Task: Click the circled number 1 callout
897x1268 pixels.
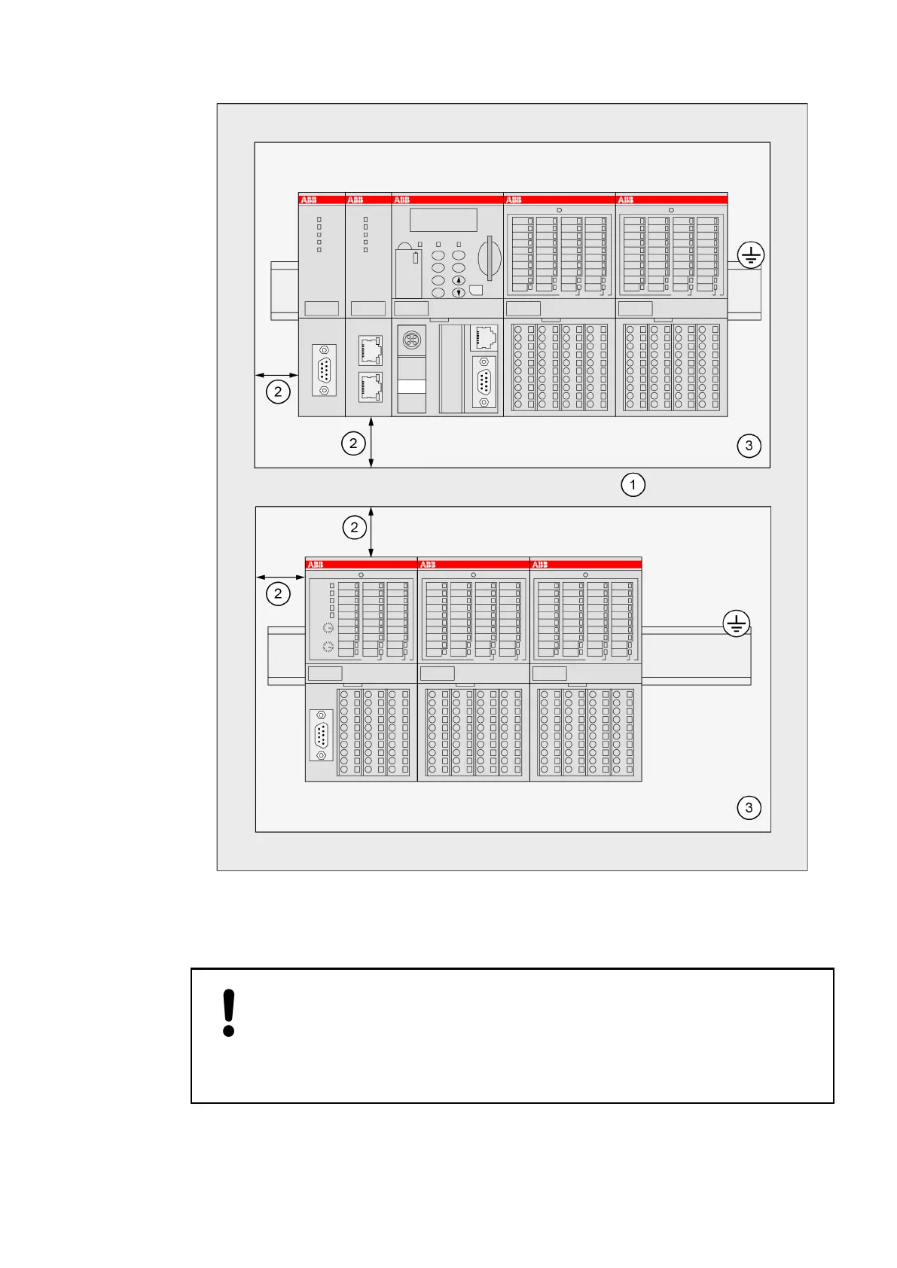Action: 633,484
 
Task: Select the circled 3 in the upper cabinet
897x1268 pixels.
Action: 749,445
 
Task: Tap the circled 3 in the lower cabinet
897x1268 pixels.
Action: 749,808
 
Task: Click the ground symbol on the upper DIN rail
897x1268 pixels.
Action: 751,255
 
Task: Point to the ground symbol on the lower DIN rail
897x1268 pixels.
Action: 736,623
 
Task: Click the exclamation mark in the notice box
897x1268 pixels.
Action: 229,1013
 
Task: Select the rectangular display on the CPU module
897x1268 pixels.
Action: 443,220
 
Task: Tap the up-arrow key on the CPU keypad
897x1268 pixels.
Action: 458,281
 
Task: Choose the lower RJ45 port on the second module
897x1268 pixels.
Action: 371,386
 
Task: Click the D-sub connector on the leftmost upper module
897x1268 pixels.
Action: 324,370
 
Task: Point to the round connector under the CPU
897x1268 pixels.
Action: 411,340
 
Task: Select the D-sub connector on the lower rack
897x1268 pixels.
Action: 322,735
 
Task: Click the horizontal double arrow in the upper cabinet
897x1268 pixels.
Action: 276,374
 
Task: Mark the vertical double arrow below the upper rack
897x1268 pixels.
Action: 371,443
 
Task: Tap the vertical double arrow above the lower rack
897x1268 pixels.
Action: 371,532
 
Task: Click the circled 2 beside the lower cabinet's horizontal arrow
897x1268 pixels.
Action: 278,594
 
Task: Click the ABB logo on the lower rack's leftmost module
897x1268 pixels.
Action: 316,565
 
